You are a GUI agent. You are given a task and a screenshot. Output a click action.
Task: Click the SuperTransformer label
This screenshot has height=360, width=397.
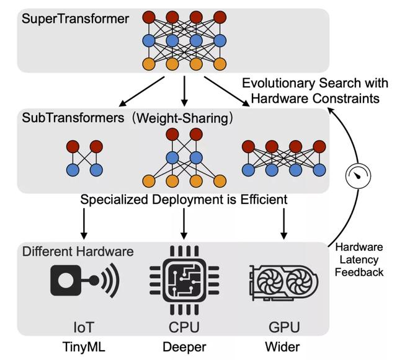[76, 19]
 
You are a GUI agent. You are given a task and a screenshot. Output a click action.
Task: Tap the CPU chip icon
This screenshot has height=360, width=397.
[184, 279]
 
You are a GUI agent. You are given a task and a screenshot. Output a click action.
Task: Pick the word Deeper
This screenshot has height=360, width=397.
[184, 345]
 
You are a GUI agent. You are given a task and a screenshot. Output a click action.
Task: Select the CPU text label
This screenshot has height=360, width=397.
[184, 325]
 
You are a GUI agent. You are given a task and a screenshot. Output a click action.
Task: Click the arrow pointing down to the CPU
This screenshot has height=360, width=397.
[184, 224]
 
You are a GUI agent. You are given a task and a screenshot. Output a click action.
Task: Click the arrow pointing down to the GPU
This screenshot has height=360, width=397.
[283, 224]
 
